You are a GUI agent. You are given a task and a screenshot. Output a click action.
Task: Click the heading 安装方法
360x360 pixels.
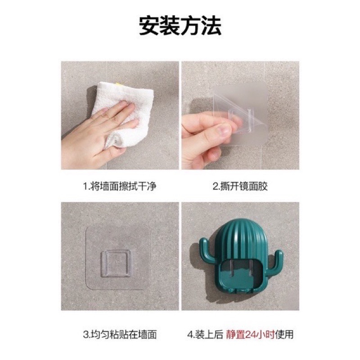click(180, 26)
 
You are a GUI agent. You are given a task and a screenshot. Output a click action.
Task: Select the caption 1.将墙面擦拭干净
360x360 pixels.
click(120, 186)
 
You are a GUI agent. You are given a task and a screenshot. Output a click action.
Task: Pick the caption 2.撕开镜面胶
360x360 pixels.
click(240, 186)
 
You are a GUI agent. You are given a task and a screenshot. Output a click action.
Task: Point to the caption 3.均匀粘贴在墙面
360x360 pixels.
click(120, 334)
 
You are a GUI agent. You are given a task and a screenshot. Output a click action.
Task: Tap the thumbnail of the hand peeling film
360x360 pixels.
click(240, 116)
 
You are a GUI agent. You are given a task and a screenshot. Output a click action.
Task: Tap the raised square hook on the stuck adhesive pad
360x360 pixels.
click(116, 264)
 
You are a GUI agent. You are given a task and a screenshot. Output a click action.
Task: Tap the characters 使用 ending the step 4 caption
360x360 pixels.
click(284, 334)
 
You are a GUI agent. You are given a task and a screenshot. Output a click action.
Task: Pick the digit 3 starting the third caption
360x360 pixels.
click(85, 334)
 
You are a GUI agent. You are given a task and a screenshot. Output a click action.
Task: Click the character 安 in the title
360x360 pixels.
click(149, 26)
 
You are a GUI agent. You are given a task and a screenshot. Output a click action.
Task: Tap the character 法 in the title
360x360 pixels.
click(211, 26)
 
